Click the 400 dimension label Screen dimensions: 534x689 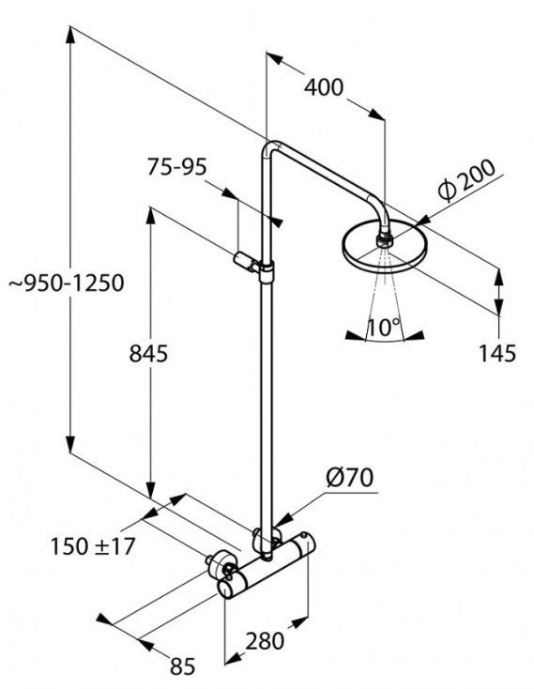(324, 87)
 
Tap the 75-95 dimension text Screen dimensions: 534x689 (177, 167)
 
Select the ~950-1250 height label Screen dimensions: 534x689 (67, 283)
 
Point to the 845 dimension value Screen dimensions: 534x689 (148, 353)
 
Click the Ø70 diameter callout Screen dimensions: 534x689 (349, 477)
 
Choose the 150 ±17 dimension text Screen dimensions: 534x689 (93, 546)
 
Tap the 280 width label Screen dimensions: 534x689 (265, 641)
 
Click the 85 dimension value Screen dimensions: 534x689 (183, 667)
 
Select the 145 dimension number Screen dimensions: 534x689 (497, 353)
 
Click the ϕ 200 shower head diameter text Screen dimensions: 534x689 (466, 179)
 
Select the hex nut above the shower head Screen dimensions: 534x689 (384, 241)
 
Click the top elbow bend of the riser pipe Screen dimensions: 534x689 (270, 148)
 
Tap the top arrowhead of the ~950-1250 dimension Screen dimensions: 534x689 (70, 35)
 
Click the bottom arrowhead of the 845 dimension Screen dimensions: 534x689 (150, 490)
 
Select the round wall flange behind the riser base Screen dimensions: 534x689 (267, 540)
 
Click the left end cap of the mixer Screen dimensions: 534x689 (227, 588)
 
